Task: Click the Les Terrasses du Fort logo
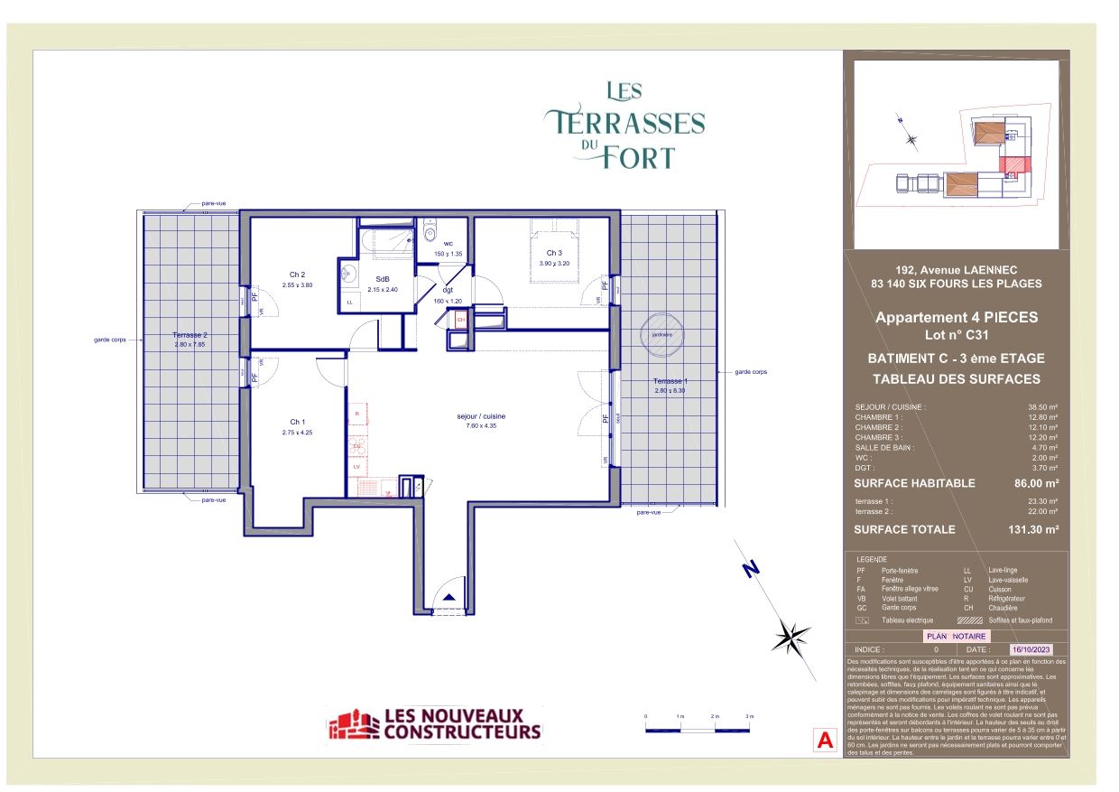pos(625,125)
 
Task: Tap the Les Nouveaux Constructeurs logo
pos(434,724)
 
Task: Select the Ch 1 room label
pos(297,422)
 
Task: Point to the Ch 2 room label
pos(297,275)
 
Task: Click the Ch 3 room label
pos(553,252)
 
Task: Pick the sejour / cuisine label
pos(480,416)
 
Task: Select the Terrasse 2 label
pos(190,335)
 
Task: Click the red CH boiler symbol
pos(460,319)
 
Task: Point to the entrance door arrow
pos(447,597)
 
